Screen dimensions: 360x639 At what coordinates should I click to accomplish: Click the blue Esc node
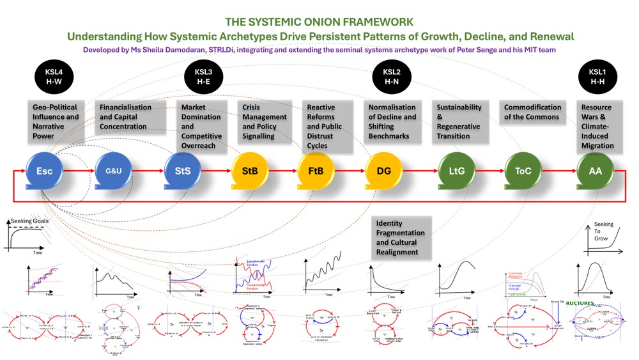click(x=44, y=171)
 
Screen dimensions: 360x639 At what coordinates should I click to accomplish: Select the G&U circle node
click(x=112, y=171)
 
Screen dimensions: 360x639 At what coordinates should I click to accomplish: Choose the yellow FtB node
click(x=315, y=171)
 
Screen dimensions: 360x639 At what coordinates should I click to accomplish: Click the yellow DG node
click(x=383, y=171)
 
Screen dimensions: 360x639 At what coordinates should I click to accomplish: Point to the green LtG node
click(x=456, y=171)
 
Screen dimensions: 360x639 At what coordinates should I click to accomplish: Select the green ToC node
click(x=523, y=171)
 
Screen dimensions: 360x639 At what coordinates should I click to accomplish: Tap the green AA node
click(x=594, y=171)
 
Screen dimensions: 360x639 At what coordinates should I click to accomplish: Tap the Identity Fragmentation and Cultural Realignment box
click(x=402, y=238)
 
